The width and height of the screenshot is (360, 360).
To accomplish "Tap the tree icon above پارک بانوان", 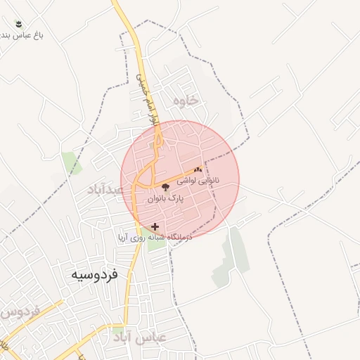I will [x=166, y=187].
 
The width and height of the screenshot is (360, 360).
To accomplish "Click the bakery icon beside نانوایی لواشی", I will [x=198, y=169].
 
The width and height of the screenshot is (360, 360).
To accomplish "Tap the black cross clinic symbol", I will [x=155, y=226].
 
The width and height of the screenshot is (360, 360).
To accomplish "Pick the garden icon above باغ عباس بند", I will [x=18, y=24].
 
